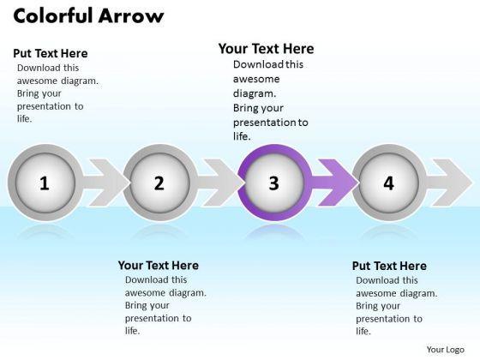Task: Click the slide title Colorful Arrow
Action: tap(89, 15)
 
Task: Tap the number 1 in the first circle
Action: tap(45, 183)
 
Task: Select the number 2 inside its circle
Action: tap(159, 183)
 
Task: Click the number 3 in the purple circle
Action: tap(274, 183)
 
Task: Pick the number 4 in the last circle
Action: tap(389, 183)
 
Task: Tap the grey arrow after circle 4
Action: tap(449, 183)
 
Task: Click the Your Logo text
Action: tap(446, 350)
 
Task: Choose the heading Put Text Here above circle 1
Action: tap(51, 53)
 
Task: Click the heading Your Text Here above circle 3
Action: tap(266, 49)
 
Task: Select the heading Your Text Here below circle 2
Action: tap(159, 265)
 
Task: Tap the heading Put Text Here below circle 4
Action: tap(389, 266)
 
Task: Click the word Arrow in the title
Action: tap(131, 16)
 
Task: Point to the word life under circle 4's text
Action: tap(363, 331)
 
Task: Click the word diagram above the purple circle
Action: tap(255, 93)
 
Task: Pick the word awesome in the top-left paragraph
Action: tap(37, 81)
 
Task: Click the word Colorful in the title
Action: tap(53, 15)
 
